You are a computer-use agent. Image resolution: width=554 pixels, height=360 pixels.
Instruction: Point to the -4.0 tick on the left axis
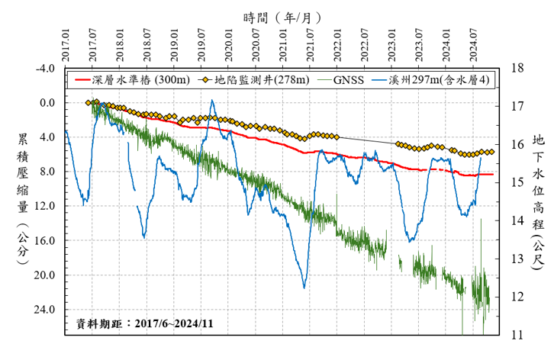coord(46,69)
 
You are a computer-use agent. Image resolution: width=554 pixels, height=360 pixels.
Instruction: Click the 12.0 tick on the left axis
coord(46,206)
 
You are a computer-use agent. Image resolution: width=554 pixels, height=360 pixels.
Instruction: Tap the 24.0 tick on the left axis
coord(46,310)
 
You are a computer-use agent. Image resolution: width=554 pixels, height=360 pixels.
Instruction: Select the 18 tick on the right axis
coord(517,69)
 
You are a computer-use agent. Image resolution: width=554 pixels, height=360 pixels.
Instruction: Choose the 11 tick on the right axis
coord(517,335)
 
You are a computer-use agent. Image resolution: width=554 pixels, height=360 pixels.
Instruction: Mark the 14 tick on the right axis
coord(517,220)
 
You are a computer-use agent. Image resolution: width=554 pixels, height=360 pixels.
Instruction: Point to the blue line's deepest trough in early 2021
coord(304,288)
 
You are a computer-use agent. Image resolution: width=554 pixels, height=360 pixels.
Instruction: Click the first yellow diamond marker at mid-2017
coord(89,102)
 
